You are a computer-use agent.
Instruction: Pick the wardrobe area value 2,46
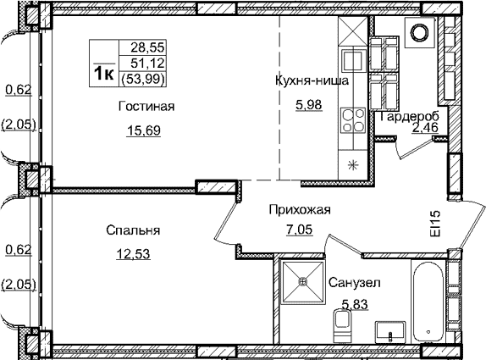(x=426, y=129)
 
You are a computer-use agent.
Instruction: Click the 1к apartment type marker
(x=104, y=74)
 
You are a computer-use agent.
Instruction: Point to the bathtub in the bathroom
(x=431, y=302)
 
